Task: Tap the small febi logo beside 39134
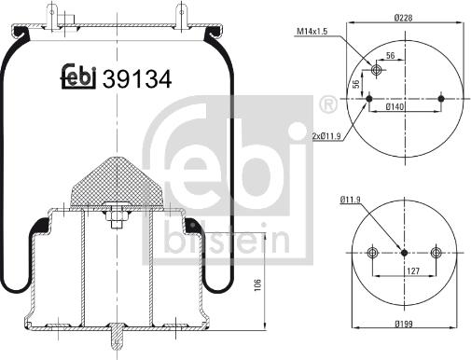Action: tap(81, 79)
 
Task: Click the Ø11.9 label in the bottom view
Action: tap(351, 199)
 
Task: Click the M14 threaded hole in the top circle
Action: tap(377, 70)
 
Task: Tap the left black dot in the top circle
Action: tap(370, 98)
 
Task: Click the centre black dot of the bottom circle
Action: tap(404, 251)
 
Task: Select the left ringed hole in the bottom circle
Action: tap(373, 251)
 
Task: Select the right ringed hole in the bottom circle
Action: tap(436, 251)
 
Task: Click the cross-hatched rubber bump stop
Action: tap(115, 179)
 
